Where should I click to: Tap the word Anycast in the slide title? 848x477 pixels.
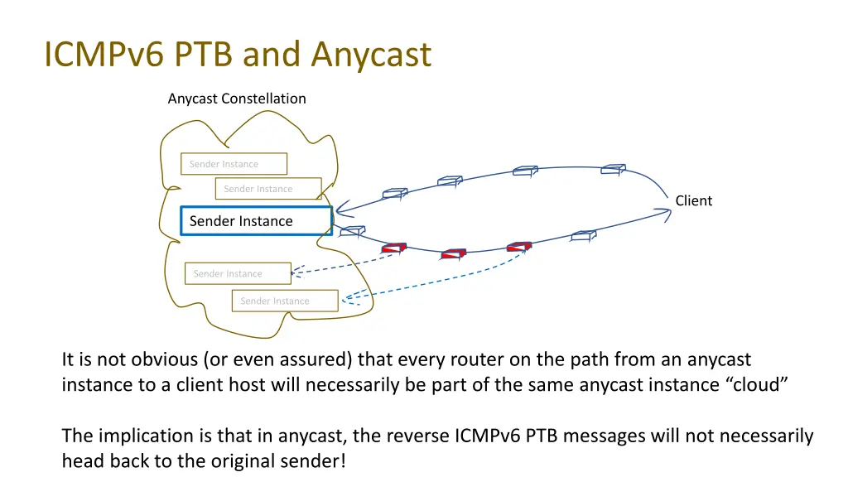(x=371, y=55)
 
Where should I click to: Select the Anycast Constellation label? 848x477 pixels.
(x=237, y=99)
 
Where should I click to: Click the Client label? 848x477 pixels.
(x=693, y=200)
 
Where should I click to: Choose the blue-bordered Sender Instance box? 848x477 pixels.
(x=256, y=221)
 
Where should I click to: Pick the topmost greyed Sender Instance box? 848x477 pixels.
(x=234, y=164)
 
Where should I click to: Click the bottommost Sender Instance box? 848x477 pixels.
(x=285, y=301)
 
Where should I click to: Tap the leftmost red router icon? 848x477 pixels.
(x=393, y=247)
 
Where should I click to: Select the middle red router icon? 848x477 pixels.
(x=453, y=253)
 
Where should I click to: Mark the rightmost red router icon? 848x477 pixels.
(x=519, y=246)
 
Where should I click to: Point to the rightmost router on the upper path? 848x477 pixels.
(x=613, y=169)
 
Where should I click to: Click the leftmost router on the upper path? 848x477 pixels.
(x=394, y=194)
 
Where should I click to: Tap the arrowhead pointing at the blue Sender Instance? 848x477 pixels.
(x=341, y=211)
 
